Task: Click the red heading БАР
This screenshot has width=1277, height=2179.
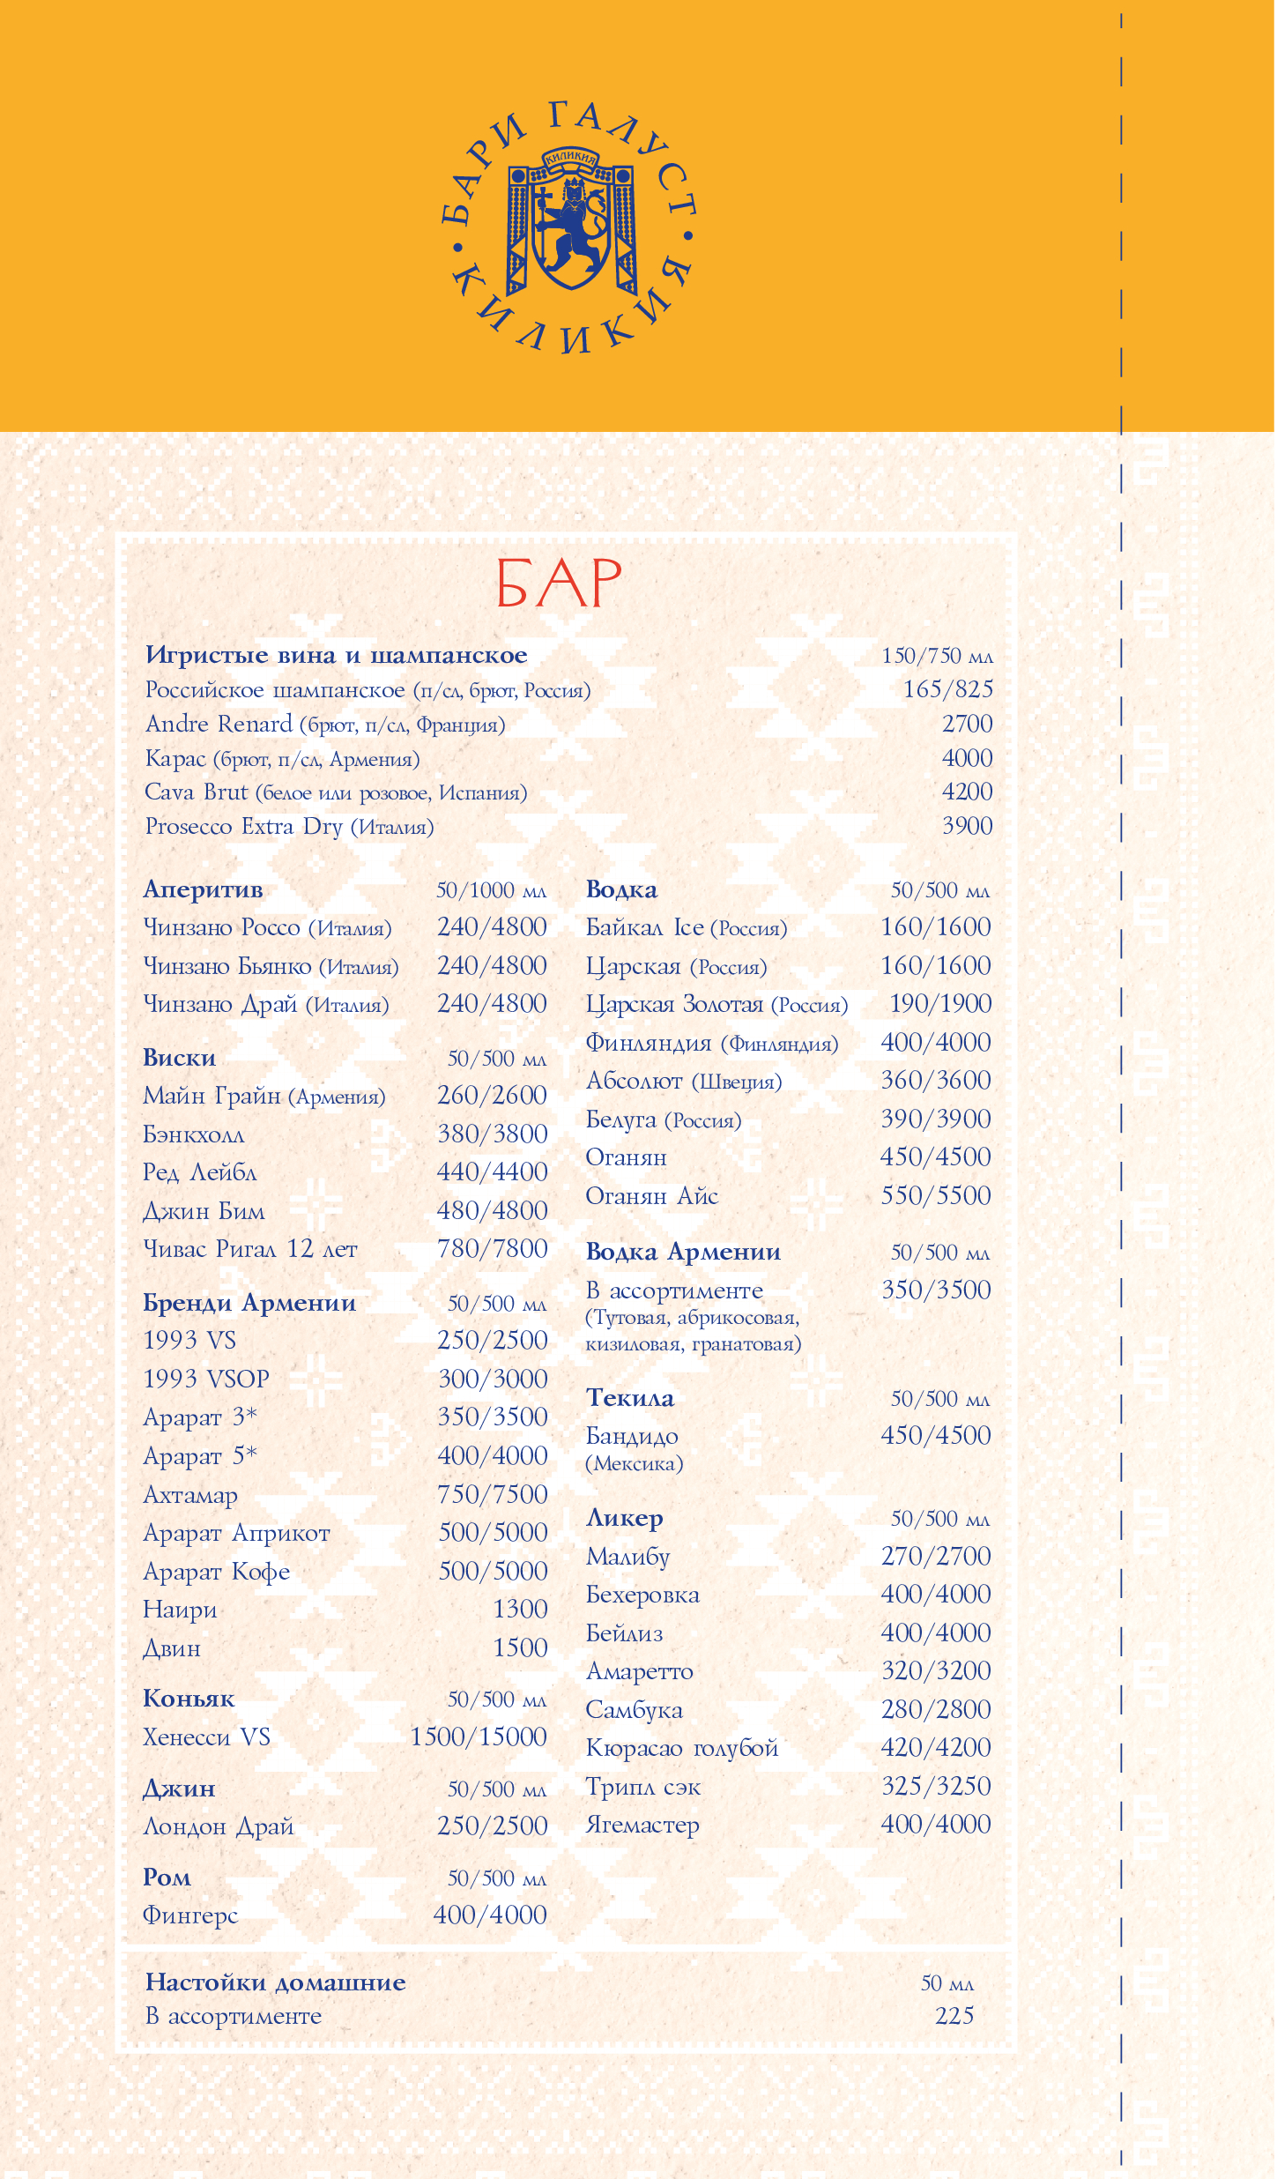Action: tap(559, 584)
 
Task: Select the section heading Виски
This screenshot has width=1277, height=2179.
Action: tap(180, 1058)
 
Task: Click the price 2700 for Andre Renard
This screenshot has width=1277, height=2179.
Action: tap(967, 724)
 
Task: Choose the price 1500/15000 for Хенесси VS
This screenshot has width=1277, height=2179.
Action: tap(479, 1737)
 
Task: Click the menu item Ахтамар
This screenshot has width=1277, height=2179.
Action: tap(190, 1495)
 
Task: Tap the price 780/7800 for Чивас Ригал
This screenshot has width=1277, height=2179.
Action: tap(492, 1248)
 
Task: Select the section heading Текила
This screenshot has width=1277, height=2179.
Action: tap(630, 1398)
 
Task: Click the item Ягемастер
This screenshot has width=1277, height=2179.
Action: tap(642, 1825)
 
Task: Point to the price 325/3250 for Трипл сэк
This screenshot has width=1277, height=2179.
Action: tap(936, 1786)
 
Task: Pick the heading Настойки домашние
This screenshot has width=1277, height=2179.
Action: tap(275, 1982)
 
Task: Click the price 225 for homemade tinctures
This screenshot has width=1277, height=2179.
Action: tap(954, 2016)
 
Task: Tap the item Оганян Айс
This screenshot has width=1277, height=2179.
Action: tap(652, 1196)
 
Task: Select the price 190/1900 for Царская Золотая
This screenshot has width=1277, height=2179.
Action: tap(936, 1004)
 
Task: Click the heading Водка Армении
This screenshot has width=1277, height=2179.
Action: tap(683, 1252)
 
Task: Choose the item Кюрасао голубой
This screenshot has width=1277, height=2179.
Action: tap(682, 1748)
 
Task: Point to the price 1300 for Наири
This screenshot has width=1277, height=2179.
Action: tap(520, 1610)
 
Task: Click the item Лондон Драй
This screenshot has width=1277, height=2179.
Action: tap(219, 1826)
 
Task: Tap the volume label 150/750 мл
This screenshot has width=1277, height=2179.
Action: tap(937, 656)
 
